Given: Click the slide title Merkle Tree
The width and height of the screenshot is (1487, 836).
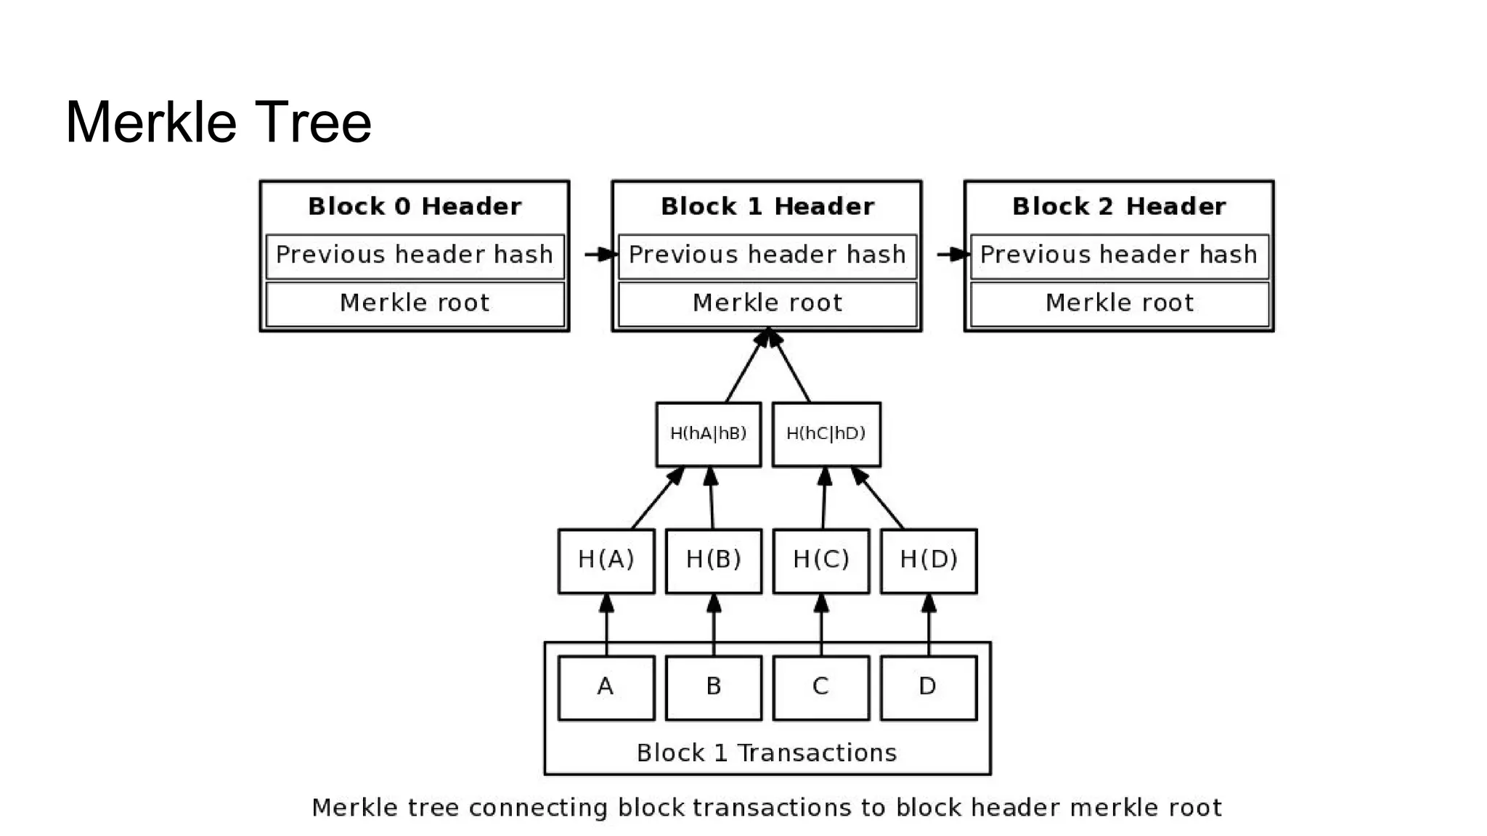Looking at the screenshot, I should (x=218, y=122).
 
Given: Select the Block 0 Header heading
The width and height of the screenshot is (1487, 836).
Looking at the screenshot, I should (x=415, y=206).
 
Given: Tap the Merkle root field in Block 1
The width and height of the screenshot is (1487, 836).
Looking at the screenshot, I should (x=767, y=303).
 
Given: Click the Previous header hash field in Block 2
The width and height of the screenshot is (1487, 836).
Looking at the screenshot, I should (x=1118, y=255).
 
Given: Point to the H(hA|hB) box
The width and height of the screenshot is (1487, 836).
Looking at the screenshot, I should (x=708, y=434).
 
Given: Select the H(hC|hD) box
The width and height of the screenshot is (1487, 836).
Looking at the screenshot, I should (x=826, y=434).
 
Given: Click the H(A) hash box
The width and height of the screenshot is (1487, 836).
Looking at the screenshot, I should (x=606, y=560).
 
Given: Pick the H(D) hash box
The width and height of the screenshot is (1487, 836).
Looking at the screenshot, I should (x=928, y=560).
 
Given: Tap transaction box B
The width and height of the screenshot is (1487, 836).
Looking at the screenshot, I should (x=713, y=687).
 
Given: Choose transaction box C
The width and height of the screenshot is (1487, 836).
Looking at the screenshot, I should (x=820, y=687).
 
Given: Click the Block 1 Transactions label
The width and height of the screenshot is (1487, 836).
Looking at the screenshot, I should (x=767, y=753).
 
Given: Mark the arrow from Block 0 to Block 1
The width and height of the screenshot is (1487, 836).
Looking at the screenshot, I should (x=600, y=255).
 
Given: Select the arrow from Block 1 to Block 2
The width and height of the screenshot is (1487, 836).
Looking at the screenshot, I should (x=952, y=255).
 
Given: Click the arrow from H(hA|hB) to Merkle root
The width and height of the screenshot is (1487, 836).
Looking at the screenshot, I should (x=746, y=367).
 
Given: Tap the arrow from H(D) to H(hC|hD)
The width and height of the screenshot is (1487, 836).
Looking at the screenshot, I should (x=881, y=500).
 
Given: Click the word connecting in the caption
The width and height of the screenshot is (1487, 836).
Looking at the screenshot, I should (x=538, y=808).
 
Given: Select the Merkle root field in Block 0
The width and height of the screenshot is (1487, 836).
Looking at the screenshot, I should (x=415, y=303).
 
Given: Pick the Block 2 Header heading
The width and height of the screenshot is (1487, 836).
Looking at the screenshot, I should (x=1118, y=206).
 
